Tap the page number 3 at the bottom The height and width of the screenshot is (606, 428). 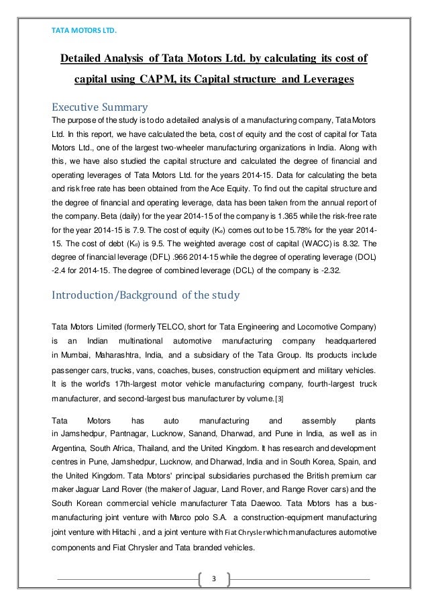click(x=213, y=578)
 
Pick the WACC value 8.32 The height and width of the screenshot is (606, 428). click(x=356, y=260)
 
